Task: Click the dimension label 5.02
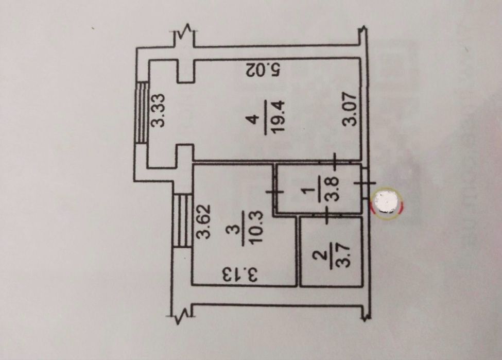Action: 264,70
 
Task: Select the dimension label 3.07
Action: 349,109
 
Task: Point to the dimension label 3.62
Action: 204,221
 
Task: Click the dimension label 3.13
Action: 240,275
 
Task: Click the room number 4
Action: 253,120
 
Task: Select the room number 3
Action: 232,230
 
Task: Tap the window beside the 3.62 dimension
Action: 182,220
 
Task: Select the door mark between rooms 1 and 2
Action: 326,215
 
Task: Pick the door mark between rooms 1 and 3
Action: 275,192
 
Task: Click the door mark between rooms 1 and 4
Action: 334,161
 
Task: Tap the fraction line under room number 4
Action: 265,117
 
